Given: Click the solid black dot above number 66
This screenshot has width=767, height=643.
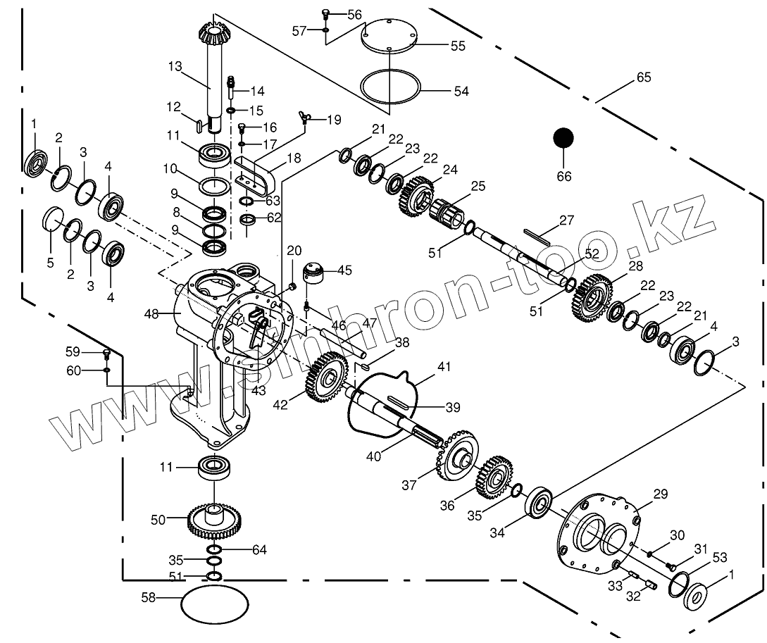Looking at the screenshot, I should [563, 139].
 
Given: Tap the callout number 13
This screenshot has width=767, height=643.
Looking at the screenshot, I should [175, 67].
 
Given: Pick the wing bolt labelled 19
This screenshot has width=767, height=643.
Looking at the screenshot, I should [306, 120].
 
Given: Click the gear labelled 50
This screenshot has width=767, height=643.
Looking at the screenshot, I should [214, 520].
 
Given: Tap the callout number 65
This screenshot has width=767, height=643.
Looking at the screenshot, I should [644, 77].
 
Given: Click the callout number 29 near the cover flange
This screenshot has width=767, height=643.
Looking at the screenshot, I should [661, 495].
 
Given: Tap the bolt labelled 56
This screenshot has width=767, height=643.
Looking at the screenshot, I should [326, 14].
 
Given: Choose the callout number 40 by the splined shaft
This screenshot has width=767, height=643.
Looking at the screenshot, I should [373, 456].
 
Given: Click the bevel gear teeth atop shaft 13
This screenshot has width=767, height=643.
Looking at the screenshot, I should [213, 30].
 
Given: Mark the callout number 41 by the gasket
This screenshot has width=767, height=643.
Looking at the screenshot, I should [443, 367].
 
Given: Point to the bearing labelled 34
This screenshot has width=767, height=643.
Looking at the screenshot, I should [541, 501].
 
